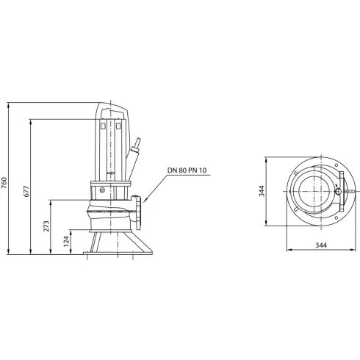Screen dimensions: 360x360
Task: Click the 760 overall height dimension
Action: [x=7, y=181]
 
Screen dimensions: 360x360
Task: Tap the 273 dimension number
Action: [x=46, y=227]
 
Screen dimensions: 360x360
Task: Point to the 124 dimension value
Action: [x=65, y=241]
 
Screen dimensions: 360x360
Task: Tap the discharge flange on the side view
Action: [x=140, y=210]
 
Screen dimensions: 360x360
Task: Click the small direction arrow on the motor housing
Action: [x=110, y=174]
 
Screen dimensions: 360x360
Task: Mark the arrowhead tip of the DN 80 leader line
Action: [x=145, y=201]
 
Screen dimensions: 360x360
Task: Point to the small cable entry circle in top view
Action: [x=338, y=192]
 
